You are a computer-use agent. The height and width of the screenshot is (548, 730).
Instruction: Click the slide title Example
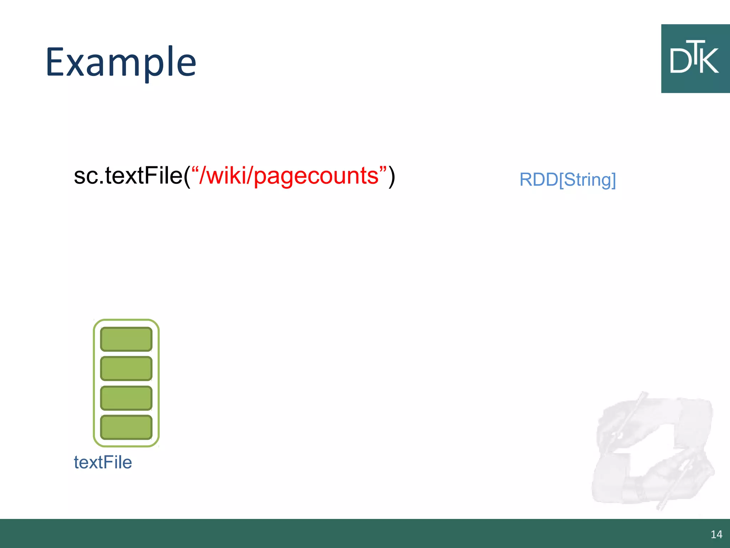[x=121, y=62]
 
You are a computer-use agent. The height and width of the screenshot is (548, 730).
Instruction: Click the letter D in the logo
[x=680, y=61]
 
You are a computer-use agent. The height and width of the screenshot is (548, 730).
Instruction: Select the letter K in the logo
[x=710, y=61]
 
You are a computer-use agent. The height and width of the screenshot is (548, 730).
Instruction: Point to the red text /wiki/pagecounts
[x=289, y=176]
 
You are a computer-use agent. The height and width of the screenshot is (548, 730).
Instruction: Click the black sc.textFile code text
[x=128, y=176]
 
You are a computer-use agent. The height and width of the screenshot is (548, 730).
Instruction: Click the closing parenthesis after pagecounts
[x=392, y=176]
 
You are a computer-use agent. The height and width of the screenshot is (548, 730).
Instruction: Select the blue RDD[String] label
[x=567, y=179]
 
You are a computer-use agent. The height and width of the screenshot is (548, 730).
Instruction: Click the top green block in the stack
[x=126, y=339]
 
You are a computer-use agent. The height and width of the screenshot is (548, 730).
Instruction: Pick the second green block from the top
[x=126, y=368]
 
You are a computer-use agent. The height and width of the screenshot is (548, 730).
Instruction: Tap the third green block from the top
[x=126, y=398]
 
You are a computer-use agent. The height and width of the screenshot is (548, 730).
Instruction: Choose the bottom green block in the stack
[x=126, y=427]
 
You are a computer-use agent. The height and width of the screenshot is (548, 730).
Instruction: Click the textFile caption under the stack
[x=103, y=462]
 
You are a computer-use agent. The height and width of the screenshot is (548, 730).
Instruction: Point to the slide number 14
[x=716, y=534]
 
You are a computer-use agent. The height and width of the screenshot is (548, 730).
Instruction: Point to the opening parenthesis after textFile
[x=187, y=176]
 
